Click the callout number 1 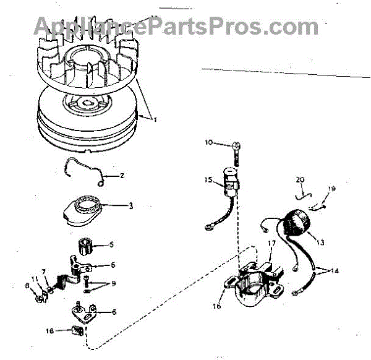click(155, 118)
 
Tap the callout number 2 click(122, 176)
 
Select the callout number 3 click(130, 205)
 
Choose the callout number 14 click(335, 271)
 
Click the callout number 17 click(270, 243)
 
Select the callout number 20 click(301, 180)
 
